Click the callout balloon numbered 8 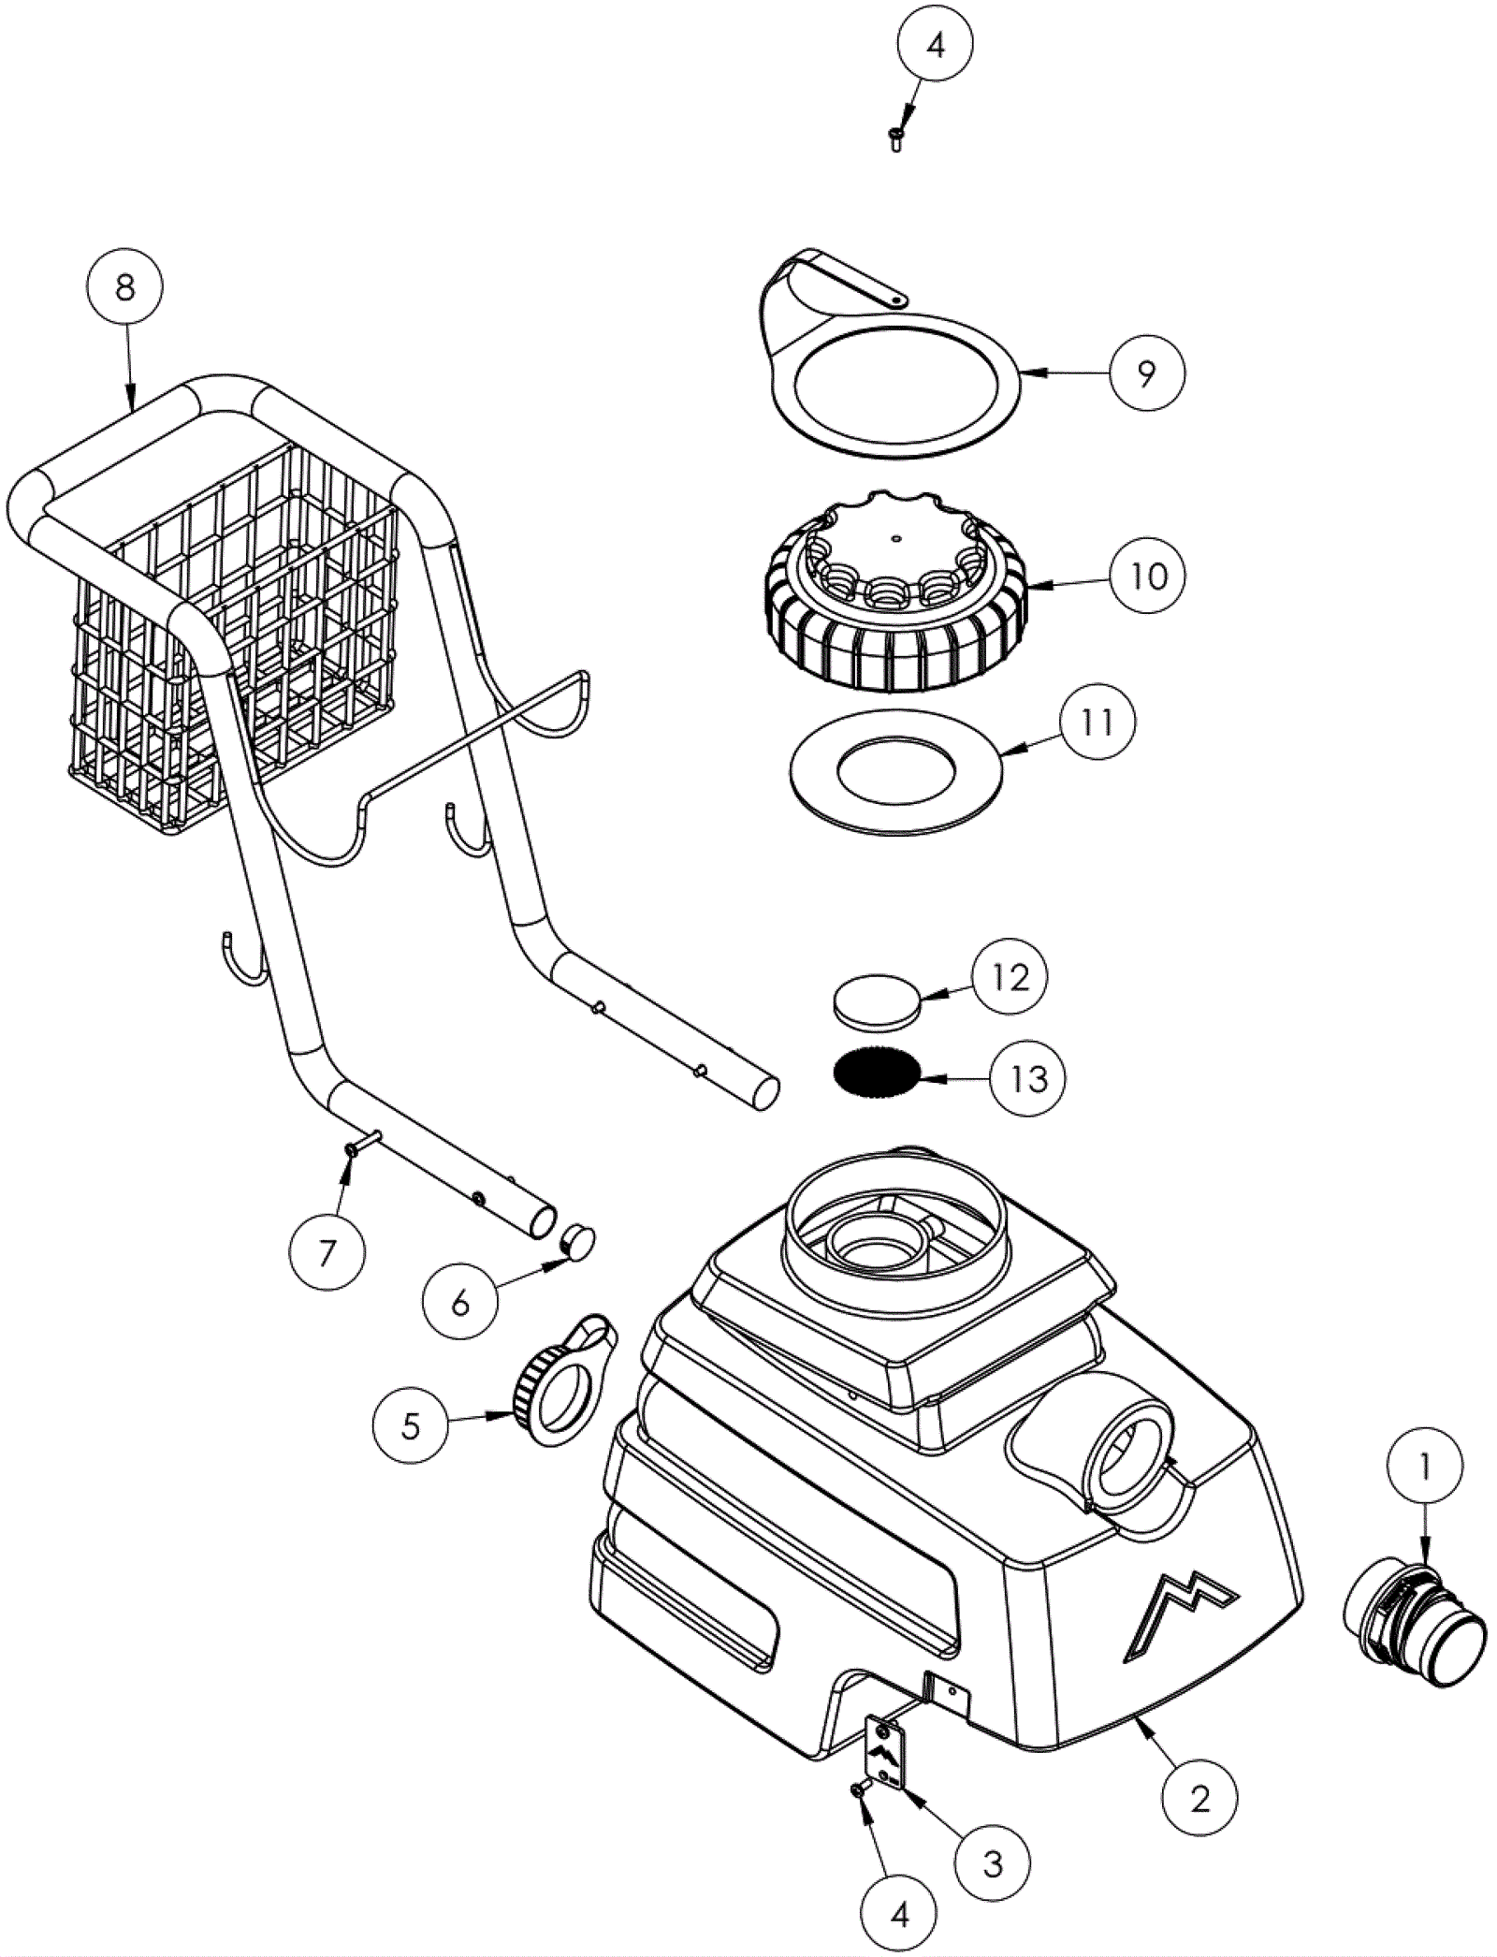[x=124, y=289]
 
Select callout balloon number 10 [x=1148, y=575]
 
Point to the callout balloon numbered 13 [x=1028, y=1079]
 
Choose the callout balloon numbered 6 [x=459, y=1302]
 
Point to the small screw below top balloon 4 [x=895, y=140]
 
